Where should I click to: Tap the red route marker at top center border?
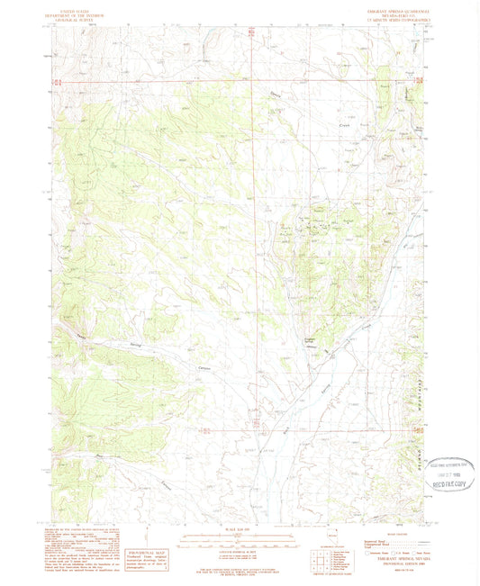click(x=253, y=31)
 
